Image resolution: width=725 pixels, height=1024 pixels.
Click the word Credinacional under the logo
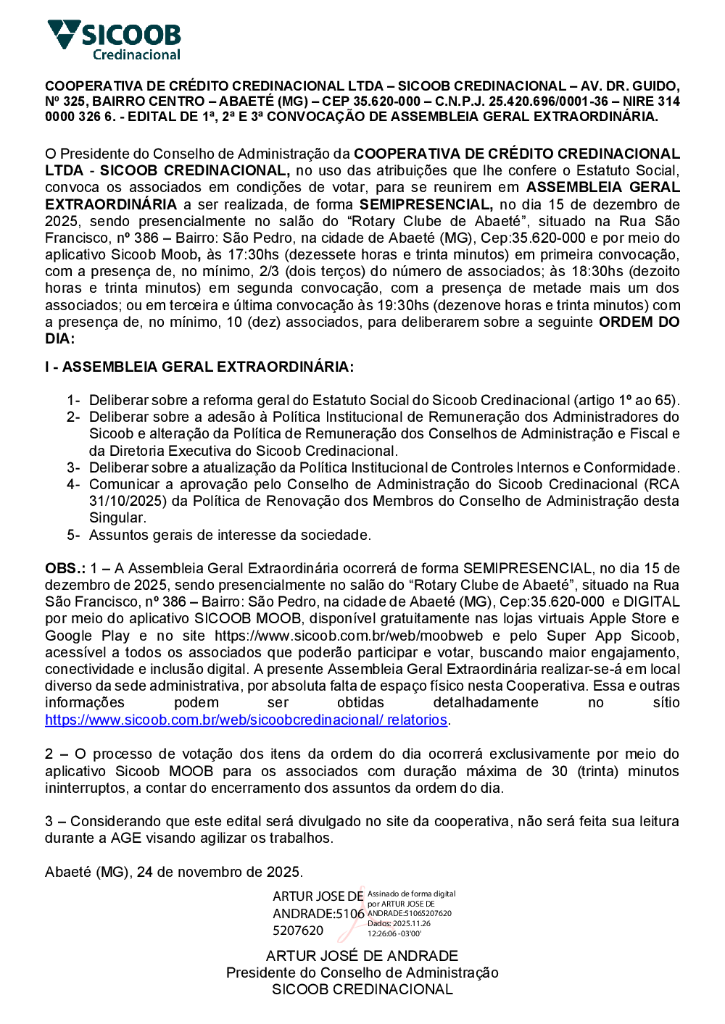click(x=136, y=55)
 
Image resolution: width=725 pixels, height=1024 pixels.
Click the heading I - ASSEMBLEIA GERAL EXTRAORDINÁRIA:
click(x=199, y=367)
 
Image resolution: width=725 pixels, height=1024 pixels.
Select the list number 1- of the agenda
click(x=73, y=401)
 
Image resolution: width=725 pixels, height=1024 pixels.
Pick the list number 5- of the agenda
click(x=73, y=536)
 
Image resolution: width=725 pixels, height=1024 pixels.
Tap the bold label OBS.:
click(x=65, y=569)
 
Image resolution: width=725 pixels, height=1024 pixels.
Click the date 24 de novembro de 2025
click(x=218, y=872)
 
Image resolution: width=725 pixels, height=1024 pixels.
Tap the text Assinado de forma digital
click(x=411, y=894)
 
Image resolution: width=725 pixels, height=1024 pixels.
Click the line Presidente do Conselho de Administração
click(x=362, y=973)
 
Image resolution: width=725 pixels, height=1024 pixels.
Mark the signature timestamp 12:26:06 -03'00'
click(x=394, y=933)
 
